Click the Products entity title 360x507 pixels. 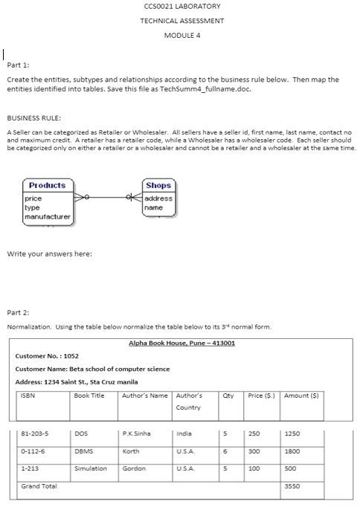tap(47, 185)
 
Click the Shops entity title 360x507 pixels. tap(158, 185)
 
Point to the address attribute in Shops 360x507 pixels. tap(158, 198)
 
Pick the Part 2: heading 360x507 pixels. tap(19, 312)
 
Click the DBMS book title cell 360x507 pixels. tap(83, 451)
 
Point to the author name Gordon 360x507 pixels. tap(134, 468)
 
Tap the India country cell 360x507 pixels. tap(183, 433)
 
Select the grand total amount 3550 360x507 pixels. tap(293, 486)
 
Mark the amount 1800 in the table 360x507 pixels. tap(293, 451)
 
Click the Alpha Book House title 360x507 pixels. tap(182, 343)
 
